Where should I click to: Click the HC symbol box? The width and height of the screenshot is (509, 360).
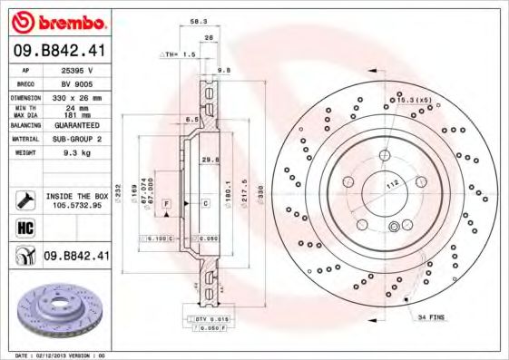pos(24,226)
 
